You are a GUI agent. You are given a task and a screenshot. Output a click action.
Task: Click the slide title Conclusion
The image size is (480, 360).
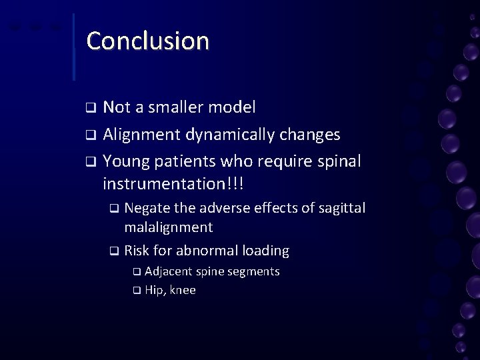[147, 41]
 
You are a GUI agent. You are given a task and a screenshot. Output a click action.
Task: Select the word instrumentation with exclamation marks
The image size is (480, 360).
[171, 183]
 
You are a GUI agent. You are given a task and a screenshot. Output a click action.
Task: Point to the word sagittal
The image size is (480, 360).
[341, 209]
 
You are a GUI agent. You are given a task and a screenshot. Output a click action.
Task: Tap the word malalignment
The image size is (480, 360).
[169, 227]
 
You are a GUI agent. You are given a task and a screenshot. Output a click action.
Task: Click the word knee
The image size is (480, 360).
[183, 291]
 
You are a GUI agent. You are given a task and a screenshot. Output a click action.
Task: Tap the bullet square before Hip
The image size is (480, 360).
[136, 291]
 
